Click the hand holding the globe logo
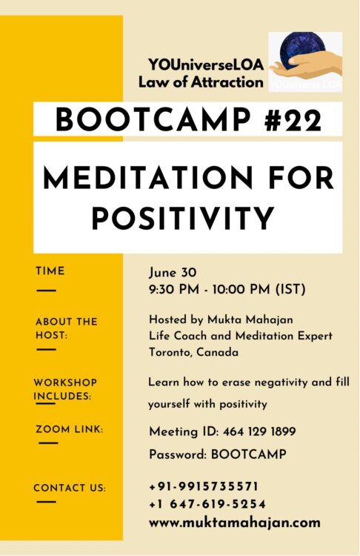coord(305,62)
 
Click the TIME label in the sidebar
coord(50,271)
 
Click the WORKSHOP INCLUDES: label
coord(64,389)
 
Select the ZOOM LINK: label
coord(69,429)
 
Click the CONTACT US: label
coord(69,488)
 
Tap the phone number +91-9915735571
coord(203,486)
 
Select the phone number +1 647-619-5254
coord(207,504)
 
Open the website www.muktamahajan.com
coord(234,522)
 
